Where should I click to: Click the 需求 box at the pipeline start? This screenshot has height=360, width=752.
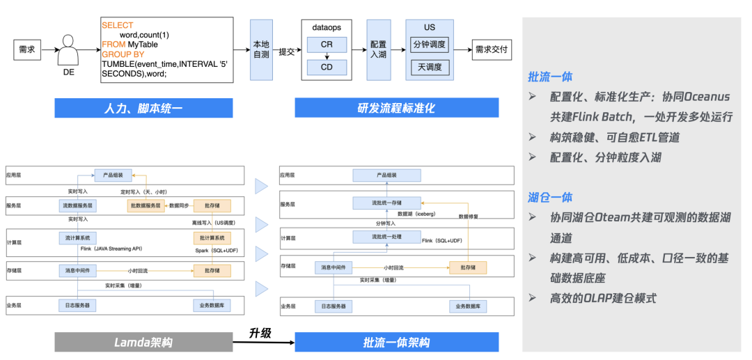[26, 50]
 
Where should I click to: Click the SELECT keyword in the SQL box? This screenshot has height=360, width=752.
[117, 25]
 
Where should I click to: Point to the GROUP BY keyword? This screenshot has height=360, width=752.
[123, 54]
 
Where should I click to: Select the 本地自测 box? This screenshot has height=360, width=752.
[260, 50]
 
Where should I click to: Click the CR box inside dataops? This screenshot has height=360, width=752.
[327, 45]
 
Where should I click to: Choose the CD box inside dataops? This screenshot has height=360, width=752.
[327, 68]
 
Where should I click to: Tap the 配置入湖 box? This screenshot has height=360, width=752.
[378, 50]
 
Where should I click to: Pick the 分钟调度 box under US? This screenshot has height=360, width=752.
[430, 45]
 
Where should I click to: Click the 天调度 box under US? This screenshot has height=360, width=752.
[430, 68]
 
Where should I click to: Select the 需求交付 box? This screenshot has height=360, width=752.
[492, 50]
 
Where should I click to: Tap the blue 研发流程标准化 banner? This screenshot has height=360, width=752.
[396, 108]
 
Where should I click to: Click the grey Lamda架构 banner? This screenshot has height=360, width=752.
[143, 342]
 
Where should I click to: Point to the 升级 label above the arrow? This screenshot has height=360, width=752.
[260, 332]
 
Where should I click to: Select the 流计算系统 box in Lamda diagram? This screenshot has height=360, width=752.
[77, 238]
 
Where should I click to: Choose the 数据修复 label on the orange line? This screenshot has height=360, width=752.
[468, 217]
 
